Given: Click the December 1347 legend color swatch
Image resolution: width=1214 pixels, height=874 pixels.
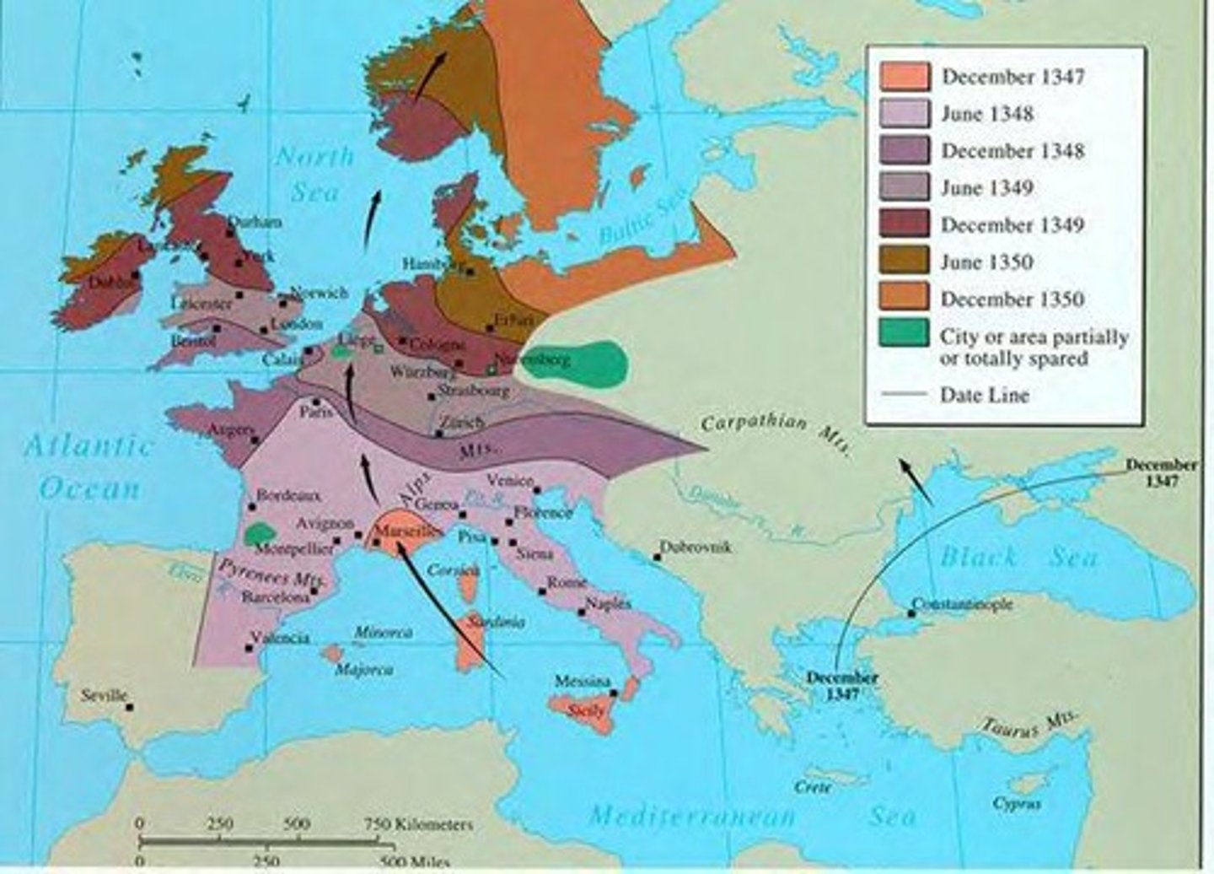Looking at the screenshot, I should [905, 77].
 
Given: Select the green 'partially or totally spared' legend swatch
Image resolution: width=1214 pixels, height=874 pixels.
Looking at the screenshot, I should [905, 334].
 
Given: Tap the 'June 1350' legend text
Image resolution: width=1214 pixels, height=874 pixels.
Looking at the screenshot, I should [986, 262].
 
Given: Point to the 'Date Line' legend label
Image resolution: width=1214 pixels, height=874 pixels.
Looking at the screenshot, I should [984, 394].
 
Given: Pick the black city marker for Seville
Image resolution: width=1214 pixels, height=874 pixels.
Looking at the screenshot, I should [130, 707].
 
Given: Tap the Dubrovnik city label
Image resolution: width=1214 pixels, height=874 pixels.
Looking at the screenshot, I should [696, 547].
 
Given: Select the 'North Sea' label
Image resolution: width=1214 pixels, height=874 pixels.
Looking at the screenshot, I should [314, 173].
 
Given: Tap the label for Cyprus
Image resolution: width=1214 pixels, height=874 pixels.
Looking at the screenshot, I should [1016, 803].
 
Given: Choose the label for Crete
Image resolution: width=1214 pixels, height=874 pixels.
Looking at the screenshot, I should [814, 786].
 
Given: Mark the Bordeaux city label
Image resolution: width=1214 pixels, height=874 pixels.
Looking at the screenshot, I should [288, 495].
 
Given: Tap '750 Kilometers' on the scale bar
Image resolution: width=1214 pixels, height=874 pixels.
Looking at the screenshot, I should [419, 824].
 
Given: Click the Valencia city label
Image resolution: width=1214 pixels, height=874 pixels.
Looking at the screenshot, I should [282, 638].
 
